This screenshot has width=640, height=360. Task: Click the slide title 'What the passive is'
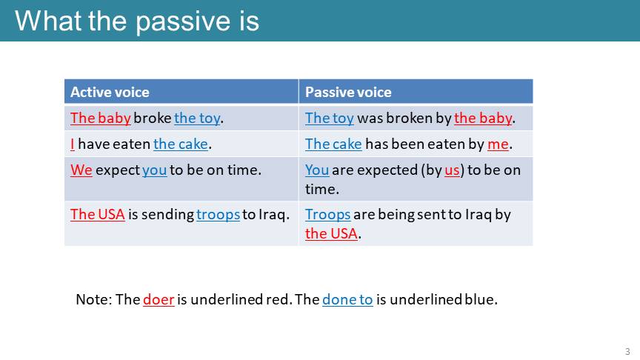137,21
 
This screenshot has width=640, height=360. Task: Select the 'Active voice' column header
110,93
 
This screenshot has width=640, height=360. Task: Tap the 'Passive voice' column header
348,93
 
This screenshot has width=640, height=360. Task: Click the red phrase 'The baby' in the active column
101,118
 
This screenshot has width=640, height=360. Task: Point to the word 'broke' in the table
153,118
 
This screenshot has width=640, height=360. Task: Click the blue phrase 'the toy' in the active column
197,119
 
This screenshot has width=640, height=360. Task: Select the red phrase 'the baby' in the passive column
483,119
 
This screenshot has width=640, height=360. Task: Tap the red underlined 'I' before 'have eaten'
73,144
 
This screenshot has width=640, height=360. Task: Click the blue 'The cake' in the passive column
333,144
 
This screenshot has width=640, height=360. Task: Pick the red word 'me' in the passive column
498,144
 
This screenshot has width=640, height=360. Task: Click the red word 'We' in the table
81,170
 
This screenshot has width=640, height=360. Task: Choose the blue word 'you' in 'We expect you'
154,170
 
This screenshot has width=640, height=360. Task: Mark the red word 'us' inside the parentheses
452,170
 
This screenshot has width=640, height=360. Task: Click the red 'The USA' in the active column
98,214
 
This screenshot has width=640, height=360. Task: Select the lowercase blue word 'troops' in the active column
218,215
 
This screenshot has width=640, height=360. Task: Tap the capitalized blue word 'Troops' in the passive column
327,215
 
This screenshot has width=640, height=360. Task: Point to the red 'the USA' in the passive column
331,233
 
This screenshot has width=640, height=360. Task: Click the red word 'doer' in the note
159,299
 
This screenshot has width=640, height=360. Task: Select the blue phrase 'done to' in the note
347,299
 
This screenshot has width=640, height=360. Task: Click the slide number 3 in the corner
627,351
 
